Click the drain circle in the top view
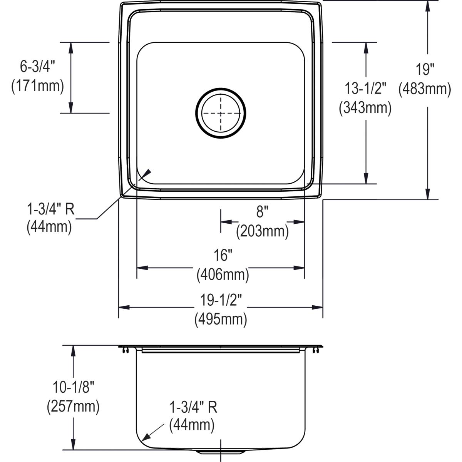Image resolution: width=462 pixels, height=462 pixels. click(x=221, y=113)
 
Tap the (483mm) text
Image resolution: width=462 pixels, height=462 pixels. click(x=424, y=89)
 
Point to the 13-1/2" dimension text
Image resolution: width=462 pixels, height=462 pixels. click(x=365, y=89)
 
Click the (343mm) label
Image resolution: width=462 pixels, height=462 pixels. click(x=365, y=108)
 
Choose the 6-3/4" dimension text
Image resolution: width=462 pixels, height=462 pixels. click(x=38, y=67)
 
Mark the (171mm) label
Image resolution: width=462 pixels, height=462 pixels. click(x=38, y=86)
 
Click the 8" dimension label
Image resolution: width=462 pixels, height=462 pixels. click(x=262, y=212)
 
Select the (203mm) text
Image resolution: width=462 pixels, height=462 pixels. click(x=262, y=231)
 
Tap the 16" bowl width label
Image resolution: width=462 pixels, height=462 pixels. click(x=223, y=255)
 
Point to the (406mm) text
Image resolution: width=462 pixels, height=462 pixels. click(x=223, y=275)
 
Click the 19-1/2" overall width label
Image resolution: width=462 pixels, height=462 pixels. click(x=221, y=300)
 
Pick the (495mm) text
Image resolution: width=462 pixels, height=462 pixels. click(x=221, y=319)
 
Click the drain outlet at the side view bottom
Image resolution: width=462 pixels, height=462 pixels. click(x=221, y=450)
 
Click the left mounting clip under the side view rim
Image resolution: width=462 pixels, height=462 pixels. click(x=126, y=350)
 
